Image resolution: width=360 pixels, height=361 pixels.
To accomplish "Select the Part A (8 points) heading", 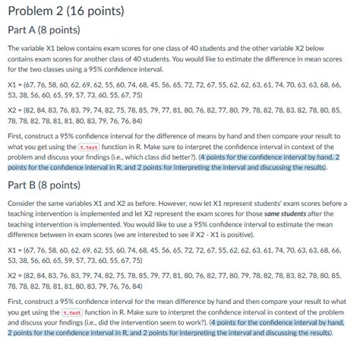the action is (46, 30).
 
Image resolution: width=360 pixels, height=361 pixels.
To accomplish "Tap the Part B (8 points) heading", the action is (46, 185).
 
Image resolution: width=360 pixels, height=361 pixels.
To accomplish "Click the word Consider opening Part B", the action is (22, 204).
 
